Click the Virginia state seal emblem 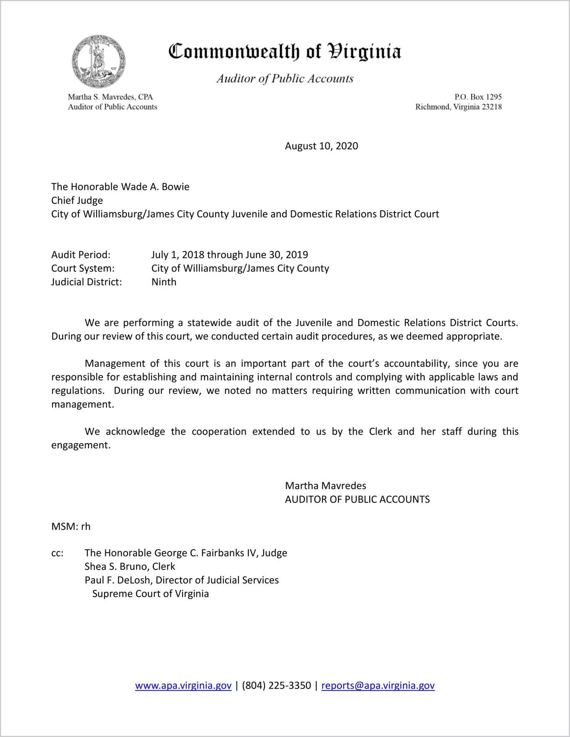pos(98,61)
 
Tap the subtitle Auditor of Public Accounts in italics pos(285,79)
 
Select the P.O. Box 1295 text pos(478,97)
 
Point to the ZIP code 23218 pos(491,107)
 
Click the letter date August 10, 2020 pos(321,146)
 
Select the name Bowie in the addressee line pos(176,187)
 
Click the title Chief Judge pos(77,200)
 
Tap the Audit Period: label pos(81,255)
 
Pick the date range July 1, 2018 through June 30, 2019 pos(229,255)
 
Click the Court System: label pos(83,268)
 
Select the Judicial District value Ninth pos(164,282)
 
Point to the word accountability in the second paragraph pos(416,364)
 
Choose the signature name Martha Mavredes pos(325,486)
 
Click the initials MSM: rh pos(71,527)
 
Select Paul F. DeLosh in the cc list pos(118,581)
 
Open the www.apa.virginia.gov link pos(183,686)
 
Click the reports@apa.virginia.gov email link pos(378,686)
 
